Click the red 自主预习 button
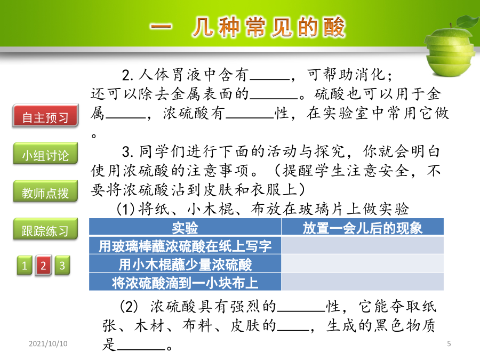[x=46, y=116]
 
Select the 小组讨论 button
[x=46, y=154]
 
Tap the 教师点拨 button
[x=46, y=191]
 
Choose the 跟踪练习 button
[x=46, y=229]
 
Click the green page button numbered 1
[x=25, y=265]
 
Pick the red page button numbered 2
[x=43, y=265]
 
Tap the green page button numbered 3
[x=62, y=265]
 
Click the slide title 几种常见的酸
[x=269, y=27]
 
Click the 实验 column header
[x=185, y=227]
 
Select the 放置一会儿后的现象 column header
[x=363, y=227]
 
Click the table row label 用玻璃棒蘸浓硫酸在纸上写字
[x=185, y=245]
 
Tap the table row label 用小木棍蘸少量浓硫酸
[x=185, y=264]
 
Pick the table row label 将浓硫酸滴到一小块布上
[x=185, y=282]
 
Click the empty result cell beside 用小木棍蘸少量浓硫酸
[x=363, y=264]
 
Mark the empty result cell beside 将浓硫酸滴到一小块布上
[x=363, y=282]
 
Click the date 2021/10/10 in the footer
[x=48, y=343]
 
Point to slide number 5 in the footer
[x=449, y=343]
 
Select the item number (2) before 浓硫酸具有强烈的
[x=128, y=307]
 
